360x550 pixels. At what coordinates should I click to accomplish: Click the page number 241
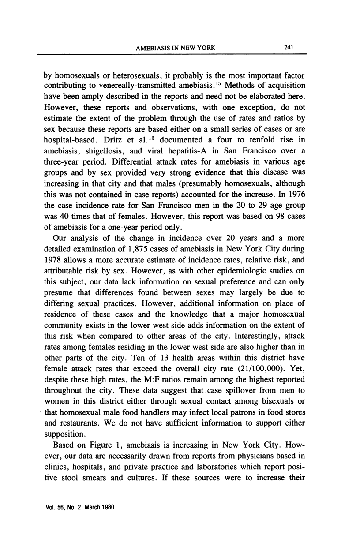coord(289,48)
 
